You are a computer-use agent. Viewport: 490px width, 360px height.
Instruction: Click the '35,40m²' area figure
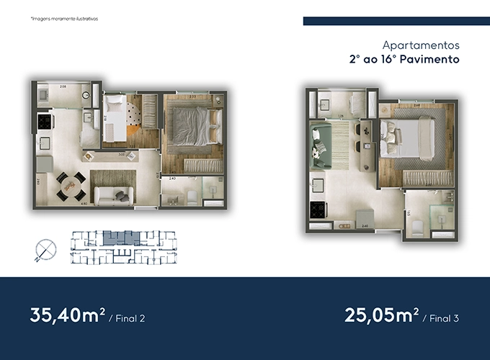pyautogui.click(x=68, y=315)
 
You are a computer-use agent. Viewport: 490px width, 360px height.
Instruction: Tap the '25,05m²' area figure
pyautogui.click(x=381, y=315)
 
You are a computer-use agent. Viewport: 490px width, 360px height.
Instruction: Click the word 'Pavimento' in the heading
pyautogui.click(x=431, y=60)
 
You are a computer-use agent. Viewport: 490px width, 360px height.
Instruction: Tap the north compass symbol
pyautogui.click(x=43, y=248)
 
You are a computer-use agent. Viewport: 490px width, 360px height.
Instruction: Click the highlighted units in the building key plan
pyautogui.click(x=117, y=237)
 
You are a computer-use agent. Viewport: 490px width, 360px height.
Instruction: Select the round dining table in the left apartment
pyautogui.click(x=69, y=185)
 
